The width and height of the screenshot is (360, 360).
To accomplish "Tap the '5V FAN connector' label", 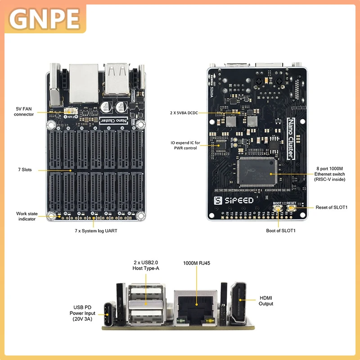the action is pyautogui.click(x=24, y=111).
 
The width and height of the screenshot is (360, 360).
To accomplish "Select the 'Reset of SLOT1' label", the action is pyautogui.click(x=332, y=207).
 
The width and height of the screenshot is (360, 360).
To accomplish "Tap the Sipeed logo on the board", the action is pyautogui.click(x=234, y=200).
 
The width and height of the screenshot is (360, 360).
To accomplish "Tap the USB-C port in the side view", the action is pyautogui.click(x=110, y=310).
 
